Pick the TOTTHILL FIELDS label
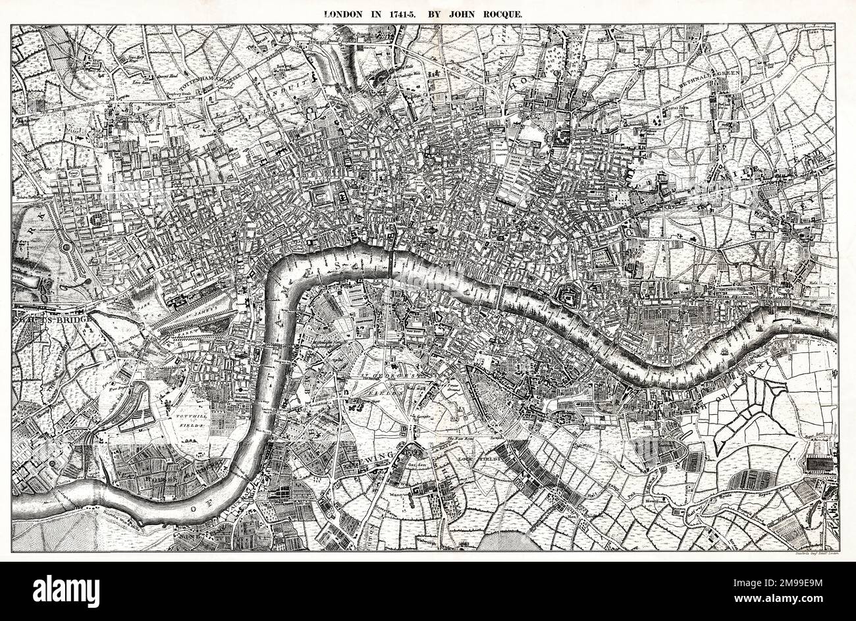coord(192,423)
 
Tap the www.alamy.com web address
coord(790,599)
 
